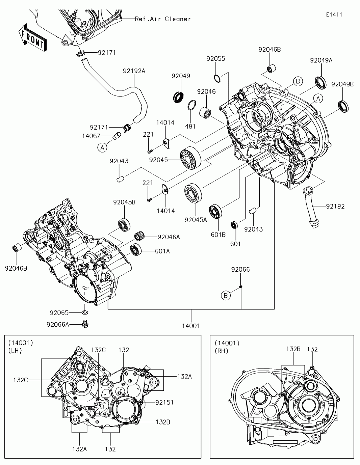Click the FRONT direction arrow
pos(32,37)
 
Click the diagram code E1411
pos(334,15)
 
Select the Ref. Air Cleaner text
pos(163,19)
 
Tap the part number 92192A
pos(134,71)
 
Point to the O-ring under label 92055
pos(217,78)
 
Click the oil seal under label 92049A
pos(320,83)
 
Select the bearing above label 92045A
pos(193,193)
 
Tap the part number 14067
pos(91,136)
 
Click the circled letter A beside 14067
pos(102,147)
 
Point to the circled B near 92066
pos(226,296)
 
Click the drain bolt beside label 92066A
pos(85,324)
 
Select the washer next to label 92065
pos(85,312)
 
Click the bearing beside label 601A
pos(135,250)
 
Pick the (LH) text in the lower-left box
pos(15,351)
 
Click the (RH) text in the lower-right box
pos(222,351)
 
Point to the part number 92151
pos(164,403)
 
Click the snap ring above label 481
pos(192,105)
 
